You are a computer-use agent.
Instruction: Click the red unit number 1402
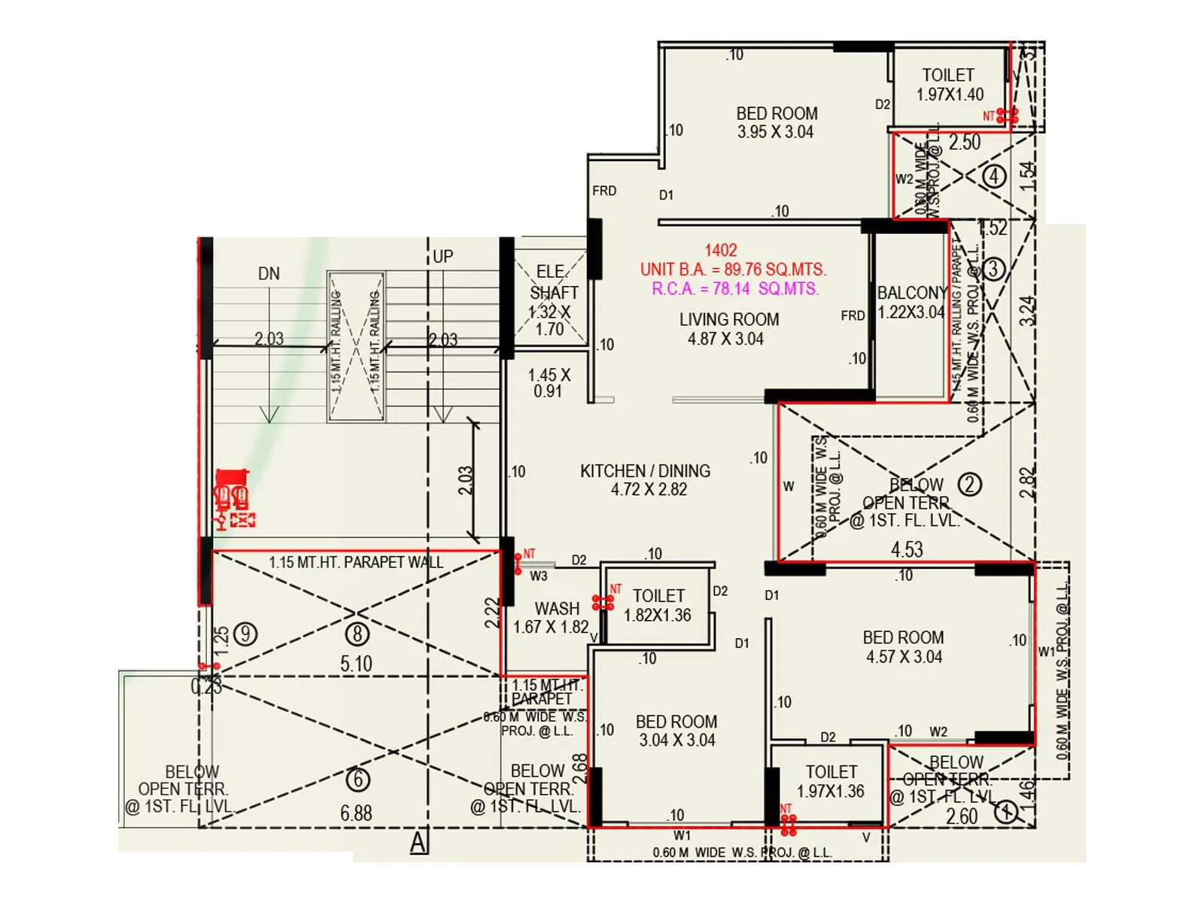coord(720,251)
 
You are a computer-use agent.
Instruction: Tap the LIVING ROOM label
coord(728,320)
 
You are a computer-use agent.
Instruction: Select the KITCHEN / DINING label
coord(645,471)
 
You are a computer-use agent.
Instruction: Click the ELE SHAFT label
coord(554,282)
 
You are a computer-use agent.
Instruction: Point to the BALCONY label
coord(911,293)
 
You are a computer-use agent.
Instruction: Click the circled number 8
coord(357,634)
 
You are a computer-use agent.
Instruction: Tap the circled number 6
coord(357,780)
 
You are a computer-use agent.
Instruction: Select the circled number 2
coord(970,484)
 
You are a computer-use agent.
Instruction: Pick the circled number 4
coord(995,176)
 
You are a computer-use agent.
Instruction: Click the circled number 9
coord(245,634)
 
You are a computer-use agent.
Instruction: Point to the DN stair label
coord(269,274)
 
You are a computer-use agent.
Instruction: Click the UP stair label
coord(443,257)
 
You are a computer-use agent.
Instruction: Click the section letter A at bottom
coord(418,842)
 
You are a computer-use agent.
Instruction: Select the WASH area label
coord(557,608)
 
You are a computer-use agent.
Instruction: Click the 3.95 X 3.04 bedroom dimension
coord(775,132)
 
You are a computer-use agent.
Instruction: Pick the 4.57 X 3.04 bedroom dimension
coord(903,657)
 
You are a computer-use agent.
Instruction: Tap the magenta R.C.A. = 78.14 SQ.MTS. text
coord(734,289)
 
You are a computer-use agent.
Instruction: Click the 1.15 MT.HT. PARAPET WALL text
coord(356,563)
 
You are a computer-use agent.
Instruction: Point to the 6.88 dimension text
coord(356,813)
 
